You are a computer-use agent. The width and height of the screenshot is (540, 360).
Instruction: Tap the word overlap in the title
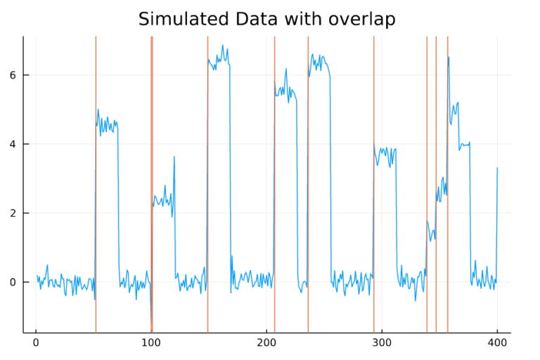pyautogui.click(x=361, y=19)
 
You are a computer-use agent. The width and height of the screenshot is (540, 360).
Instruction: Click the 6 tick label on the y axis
pyautogui.click(x=14, y=75)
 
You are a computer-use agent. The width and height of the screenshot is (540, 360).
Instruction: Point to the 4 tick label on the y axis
pyautogui.click(x=14, y=144)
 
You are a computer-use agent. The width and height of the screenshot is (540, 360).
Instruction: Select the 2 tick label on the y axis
pyautogui.click(x=14, y=213)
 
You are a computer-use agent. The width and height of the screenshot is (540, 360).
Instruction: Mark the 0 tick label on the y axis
pyautogui.click(x=14, y=282)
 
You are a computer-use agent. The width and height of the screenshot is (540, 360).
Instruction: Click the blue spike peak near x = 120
pyautogui.click(x=174, y=157)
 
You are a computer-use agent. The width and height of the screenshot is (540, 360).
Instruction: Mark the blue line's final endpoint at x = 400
pyautogui.click(x=497, y=168)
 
